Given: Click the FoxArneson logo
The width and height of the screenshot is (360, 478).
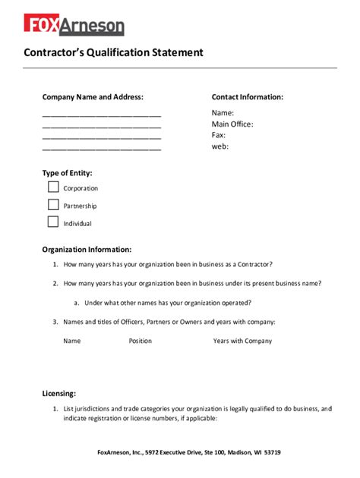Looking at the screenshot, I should (74, 25).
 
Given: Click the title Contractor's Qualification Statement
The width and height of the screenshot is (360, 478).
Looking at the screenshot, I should (114, 53).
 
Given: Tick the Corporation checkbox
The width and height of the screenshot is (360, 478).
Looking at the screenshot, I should (53, 187).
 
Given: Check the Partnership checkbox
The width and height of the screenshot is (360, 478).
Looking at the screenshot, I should (53, 204).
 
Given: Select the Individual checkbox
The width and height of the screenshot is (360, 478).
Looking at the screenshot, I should (53, 222).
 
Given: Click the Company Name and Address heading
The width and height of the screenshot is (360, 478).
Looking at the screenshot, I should (93, 97).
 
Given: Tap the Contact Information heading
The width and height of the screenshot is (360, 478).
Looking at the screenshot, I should (248, 97).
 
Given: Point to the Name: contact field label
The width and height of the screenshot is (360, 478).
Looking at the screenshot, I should (223, 113).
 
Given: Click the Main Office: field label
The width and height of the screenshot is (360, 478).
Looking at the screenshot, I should (232, 124).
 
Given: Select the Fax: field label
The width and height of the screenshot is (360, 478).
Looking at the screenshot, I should (219, 135).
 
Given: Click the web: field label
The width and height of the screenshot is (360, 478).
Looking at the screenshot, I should (220, 146).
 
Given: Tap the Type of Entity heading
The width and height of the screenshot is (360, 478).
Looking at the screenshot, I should (68, 173).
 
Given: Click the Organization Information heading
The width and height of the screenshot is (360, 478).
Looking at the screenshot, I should (87, 249).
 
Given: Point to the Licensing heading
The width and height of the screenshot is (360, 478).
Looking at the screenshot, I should (59, 393).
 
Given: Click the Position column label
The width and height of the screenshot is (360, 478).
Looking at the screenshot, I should (141, 341).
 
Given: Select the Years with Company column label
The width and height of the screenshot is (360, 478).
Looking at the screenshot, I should (242, 341).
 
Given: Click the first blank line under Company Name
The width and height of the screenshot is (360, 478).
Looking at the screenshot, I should (102, 115).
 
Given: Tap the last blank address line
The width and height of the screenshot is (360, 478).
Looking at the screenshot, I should (102, 149).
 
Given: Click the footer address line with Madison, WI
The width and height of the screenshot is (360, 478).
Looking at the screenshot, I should (189, 452).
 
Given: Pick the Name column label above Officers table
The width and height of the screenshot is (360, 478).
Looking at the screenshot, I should (72, 341).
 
